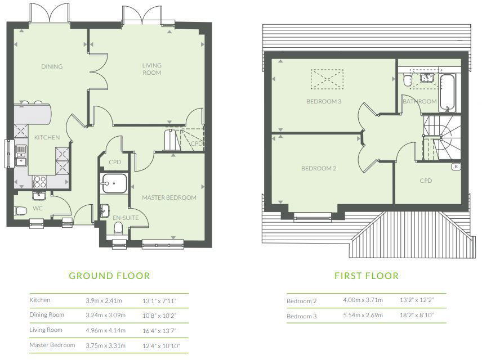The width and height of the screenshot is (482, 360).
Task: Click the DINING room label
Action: [x=52, y=66]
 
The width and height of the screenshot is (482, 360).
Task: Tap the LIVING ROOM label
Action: [x=151, y=69]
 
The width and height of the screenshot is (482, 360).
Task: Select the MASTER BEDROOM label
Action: [x=169, y=197]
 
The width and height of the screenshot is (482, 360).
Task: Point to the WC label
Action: [x=38, y=208]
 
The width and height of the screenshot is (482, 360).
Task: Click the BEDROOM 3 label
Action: [x=324, y=101]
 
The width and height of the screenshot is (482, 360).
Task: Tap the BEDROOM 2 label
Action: [x=318, y=168]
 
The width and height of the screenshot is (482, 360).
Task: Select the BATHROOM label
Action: [x=419, y=101]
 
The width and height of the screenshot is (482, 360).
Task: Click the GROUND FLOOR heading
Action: [x=109, y=276]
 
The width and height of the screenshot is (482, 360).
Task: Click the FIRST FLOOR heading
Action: [x=366, y=276]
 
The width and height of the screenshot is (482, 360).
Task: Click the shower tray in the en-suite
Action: [x=115, y=184]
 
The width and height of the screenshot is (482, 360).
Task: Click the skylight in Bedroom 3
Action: [x=327, y=79]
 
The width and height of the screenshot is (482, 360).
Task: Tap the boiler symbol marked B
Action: [x=456, y=166]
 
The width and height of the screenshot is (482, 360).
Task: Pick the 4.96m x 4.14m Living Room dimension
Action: [x=105, y=330]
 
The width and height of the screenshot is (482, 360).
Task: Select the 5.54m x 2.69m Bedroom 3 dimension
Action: [x=363, y=316]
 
